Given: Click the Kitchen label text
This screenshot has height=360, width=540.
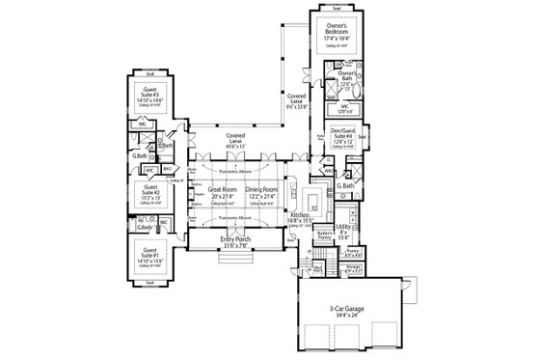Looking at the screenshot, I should coord(313,219).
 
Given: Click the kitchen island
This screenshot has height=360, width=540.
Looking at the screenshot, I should coord(311,197).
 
